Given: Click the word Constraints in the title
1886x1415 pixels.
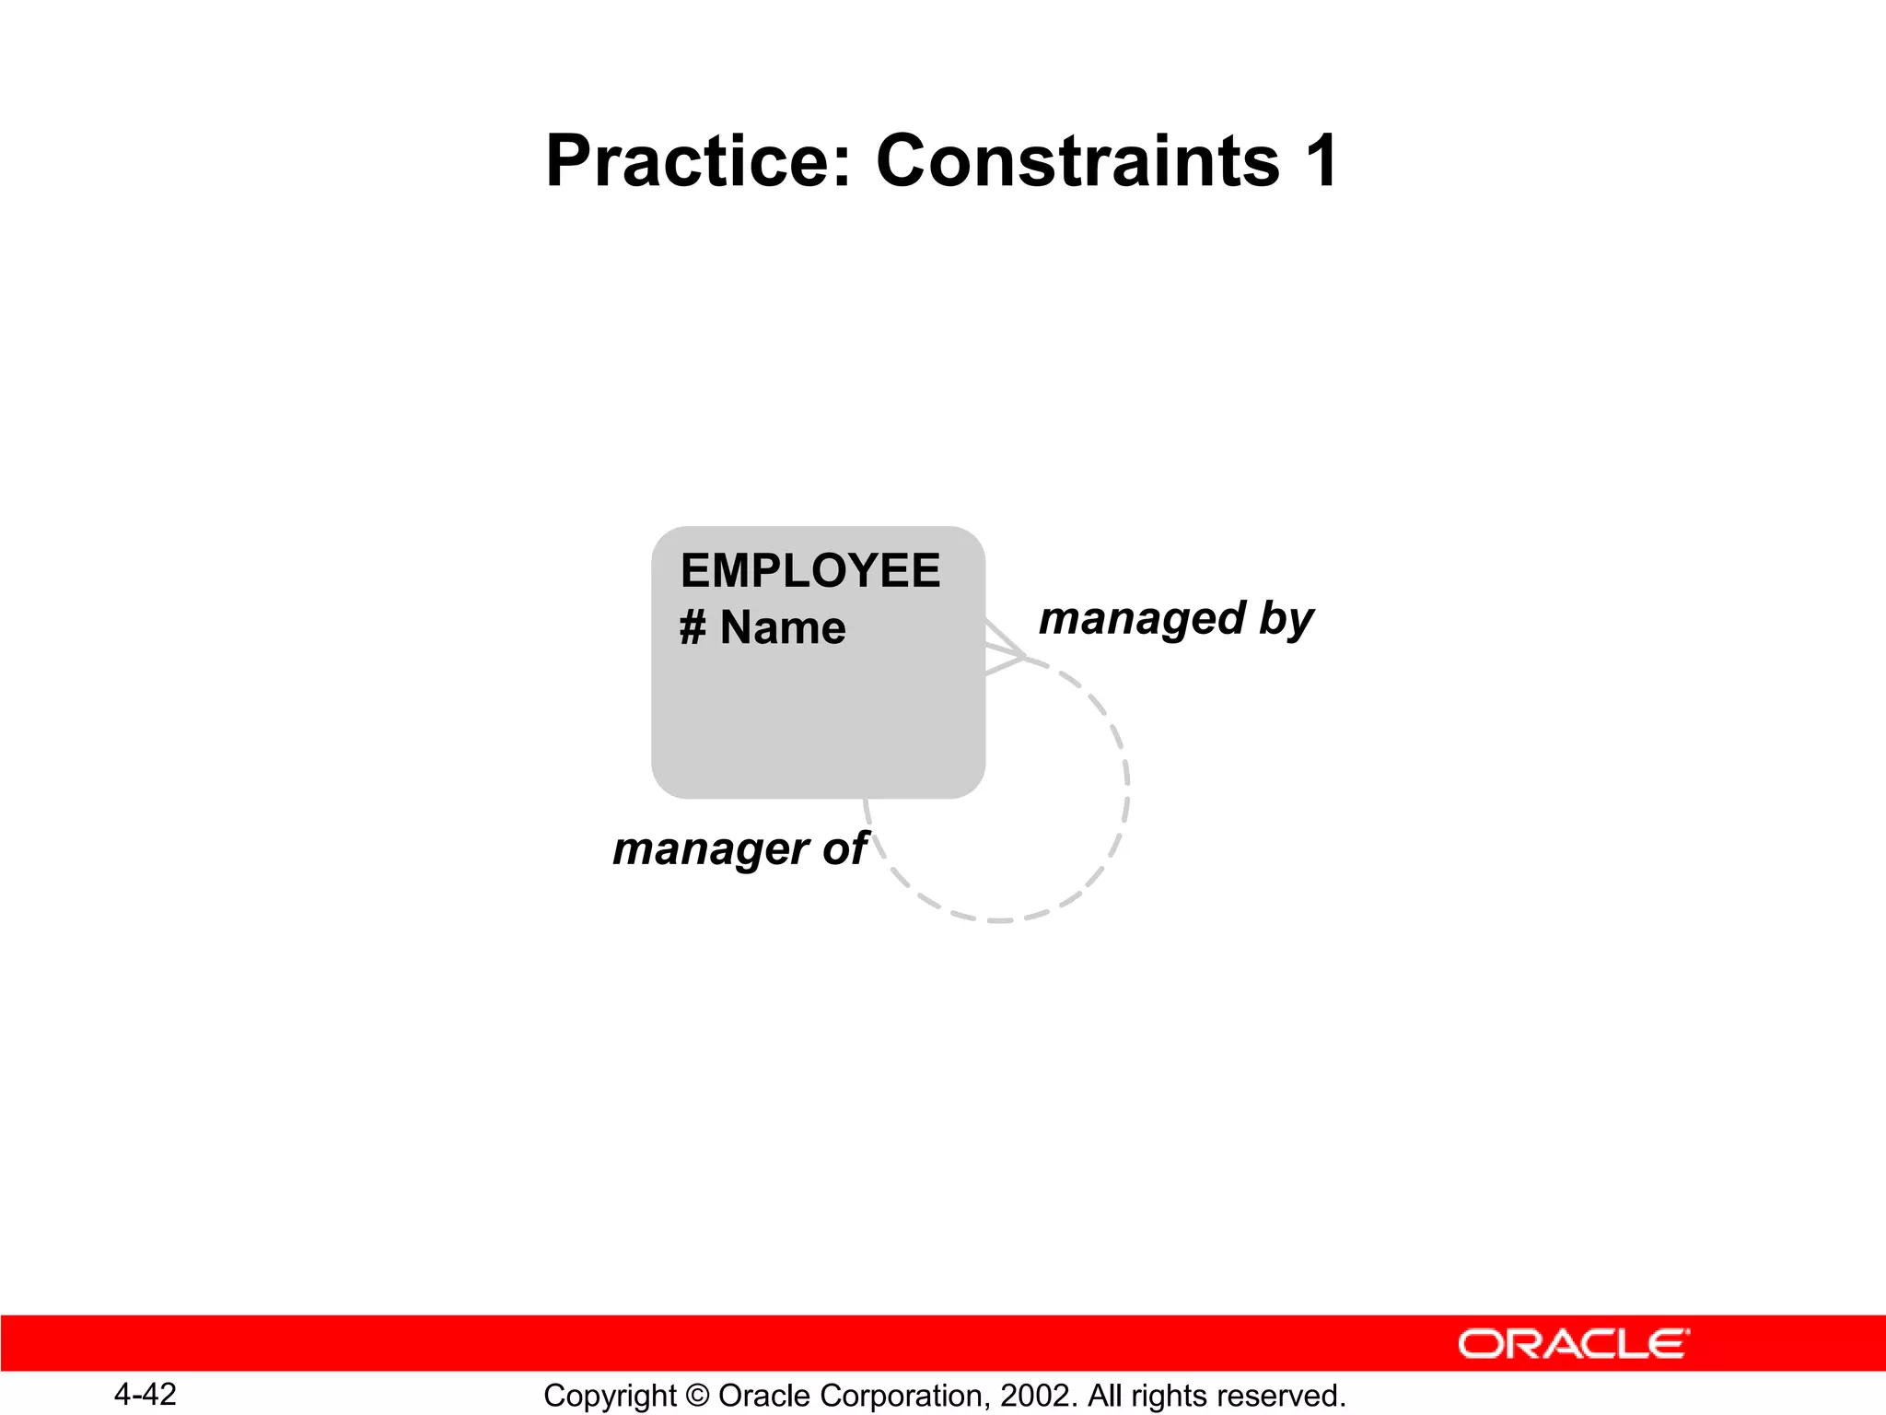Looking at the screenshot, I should (x=1077, y=161).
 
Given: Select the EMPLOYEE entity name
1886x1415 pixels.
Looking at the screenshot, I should (x=809, y=570).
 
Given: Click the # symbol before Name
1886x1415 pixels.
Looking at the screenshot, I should (x=693, y=628).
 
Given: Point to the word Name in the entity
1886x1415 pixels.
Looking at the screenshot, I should (x=782, y=628).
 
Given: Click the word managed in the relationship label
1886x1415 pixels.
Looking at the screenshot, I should (x=1142, y=619).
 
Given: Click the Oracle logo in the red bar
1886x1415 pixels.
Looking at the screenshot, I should (x=1573, y=1344).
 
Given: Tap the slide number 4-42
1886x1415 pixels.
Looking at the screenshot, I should (x=145, y=1394).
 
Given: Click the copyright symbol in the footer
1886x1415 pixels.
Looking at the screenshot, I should (x=697, y=1396).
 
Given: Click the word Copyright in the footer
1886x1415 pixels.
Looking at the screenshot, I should (x=610, y=1396).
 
